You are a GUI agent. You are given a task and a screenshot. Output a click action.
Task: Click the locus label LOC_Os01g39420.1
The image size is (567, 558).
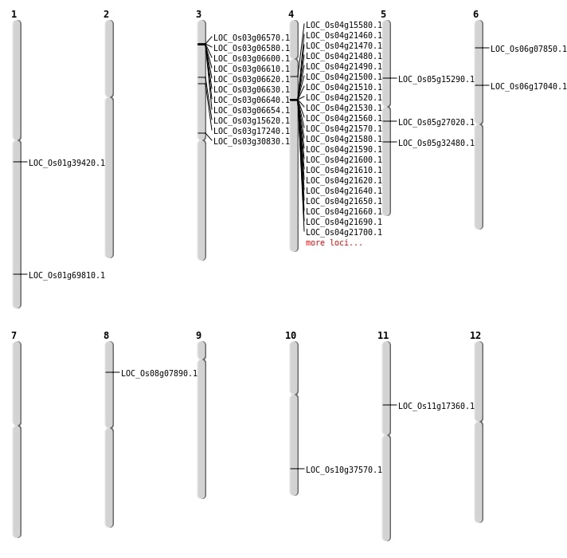click(67, 163)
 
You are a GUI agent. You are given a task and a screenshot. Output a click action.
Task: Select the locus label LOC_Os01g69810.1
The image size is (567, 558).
click(67, 276)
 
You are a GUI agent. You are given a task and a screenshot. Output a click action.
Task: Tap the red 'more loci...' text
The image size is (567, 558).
click(334, 243)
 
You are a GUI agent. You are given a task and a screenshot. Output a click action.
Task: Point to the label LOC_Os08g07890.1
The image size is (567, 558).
click(159, 374)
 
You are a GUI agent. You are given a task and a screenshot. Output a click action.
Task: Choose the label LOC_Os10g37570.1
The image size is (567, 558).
click(344, 470)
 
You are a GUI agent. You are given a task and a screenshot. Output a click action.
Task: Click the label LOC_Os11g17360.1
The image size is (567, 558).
click(436, 407)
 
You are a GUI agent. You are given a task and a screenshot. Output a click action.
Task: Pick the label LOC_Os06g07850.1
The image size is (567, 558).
click(529, 49)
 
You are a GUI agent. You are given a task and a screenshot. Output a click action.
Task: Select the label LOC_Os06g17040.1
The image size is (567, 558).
click(529, 87)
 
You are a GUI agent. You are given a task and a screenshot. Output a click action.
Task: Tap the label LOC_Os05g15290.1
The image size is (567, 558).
click(436, 80)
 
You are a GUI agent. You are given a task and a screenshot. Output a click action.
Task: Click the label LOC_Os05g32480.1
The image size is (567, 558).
click(436, 143)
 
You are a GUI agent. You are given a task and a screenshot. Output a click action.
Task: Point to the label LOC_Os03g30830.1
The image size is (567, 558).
click(252, 142)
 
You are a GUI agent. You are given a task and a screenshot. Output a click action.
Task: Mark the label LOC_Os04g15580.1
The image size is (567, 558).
click(344, 26)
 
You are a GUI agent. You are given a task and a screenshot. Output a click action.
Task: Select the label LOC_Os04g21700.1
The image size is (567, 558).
click(344, 233)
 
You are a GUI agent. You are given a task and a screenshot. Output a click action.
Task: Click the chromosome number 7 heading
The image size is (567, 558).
click(14, 336)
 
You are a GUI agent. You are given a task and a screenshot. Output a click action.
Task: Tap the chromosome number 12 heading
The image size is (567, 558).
click(475, 336)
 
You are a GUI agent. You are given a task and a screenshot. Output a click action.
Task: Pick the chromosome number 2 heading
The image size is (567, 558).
click(106, 14)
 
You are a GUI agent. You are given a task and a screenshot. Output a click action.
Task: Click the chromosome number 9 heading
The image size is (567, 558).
click(198, 336)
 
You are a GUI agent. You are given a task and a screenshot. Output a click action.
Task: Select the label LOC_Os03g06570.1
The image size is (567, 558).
click(252, 38)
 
